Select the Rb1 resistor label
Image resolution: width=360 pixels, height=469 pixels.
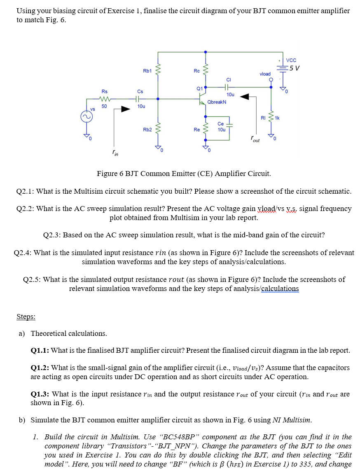147,71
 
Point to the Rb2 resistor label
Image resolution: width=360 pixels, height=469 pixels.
147,129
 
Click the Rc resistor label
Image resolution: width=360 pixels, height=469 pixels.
197,71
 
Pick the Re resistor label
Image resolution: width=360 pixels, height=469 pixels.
197,129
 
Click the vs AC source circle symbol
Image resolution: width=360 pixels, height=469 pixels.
86,117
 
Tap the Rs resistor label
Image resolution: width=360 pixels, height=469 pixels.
105,91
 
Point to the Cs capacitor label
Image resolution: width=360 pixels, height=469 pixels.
140,91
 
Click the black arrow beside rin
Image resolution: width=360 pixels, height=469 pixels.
125,110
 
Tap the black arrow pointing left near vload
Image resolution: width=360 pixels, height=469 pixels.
245,97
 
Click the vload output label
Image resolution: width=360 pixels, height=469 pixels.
265,74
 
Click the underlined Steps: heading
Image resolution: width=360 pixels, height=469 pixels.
26,317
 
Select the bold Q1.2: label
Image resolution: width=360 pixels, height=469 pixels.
40,368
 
